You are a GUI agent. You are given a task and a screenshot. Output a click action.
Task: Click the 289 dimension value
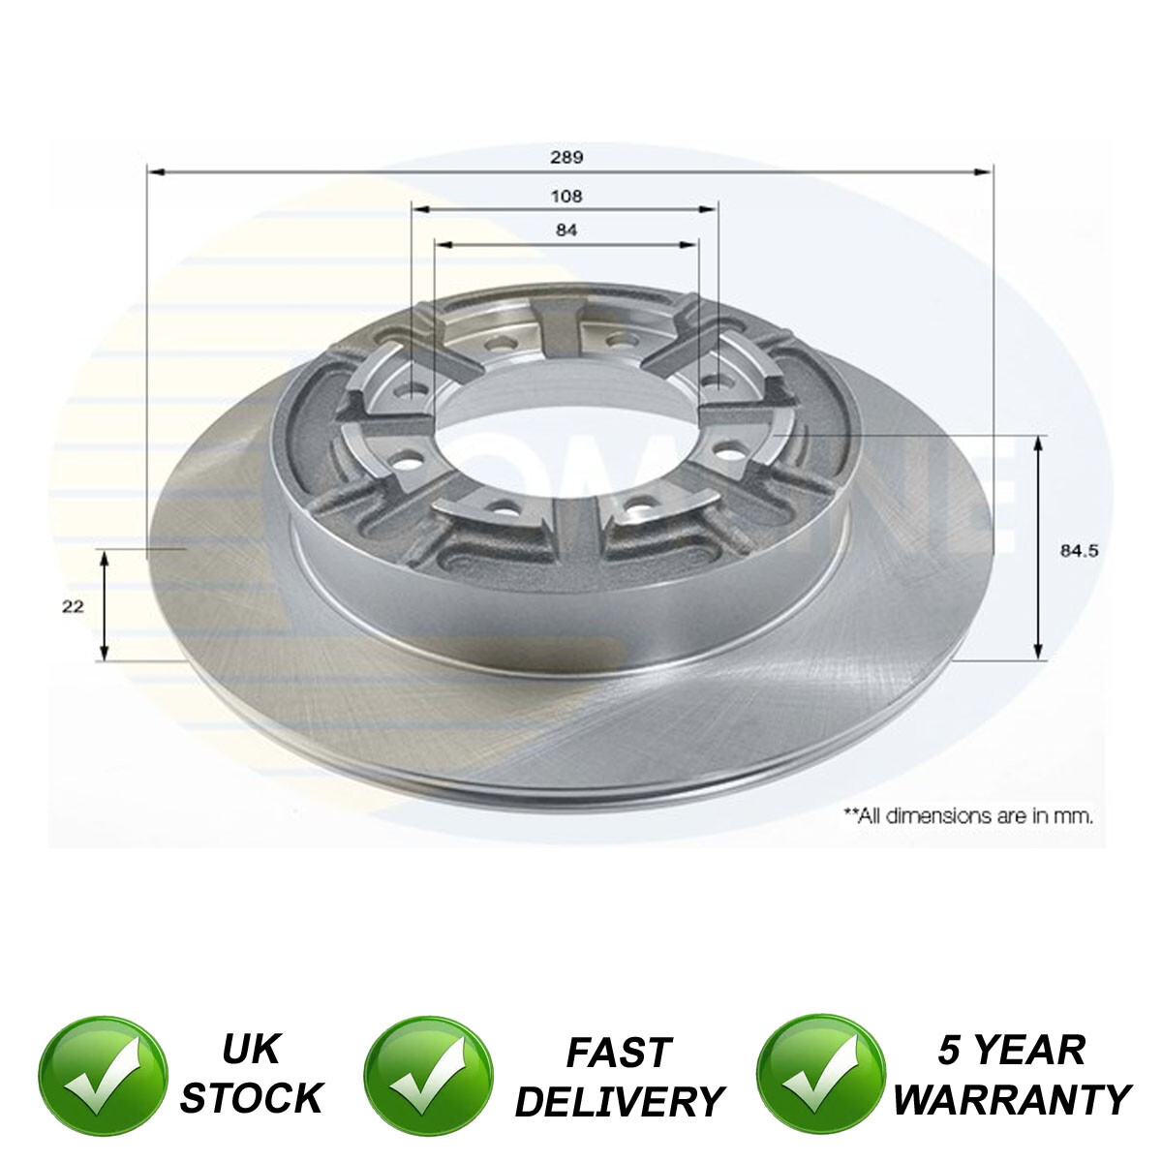coord(569,156)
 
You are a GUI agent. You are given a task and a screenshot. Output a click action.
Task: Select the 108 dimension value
coord(567,196)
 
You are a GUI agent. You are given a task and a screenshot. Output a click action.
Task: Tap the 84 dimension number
coord(567,230)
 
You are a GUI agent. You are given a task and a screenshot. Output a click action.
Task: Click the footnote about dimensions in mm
coord(968,815)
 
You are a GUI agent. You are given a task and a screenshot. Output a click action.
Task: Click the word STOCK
coord(252,1097)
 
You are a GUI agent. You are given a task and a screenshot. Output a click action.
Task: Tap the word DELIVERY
coord(620,1101)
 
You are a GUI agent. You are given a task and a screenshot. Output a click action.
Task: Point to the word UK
coord(252,1049)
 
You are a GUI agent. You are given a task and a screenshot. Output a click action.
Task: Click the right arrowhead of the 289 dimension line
coord(987,172)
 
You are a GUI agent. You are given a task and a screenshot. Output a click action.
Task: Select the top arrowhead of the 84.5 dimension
coord(1039,443)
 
